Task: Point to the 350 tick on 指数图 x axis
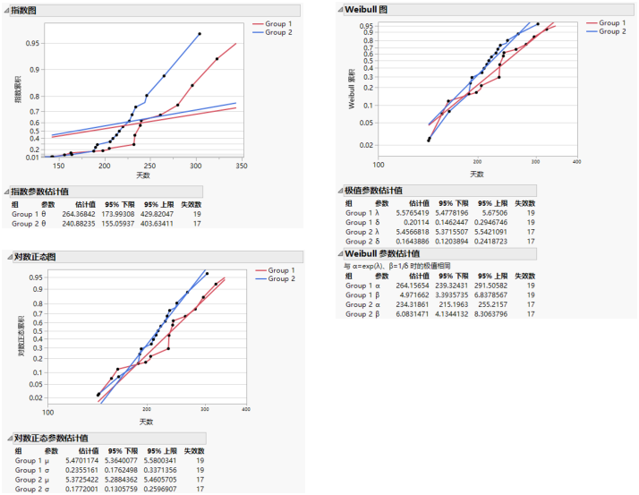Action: pyautogui.click(x=309, y=166)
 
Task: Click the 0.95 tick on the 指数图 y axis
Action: pyautogui.click(x=32, y=43)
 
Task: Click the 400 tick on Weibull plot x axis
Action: pyautogui.click(x=576, y=163)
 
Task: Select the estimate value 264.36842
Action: pyautogui.click(x=79, y=214)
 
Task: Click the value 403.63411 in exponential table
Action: pyautogui.click(x=161, y=224)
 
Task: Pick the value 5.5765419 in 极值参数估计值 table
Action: pyautogui.click(x=423, y=213)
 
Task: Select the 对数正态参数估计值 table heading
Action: pyautogui.click(x=55, y=438)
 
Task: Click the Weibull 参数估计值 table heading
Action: pyautogui.click(x=391, y=254)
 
